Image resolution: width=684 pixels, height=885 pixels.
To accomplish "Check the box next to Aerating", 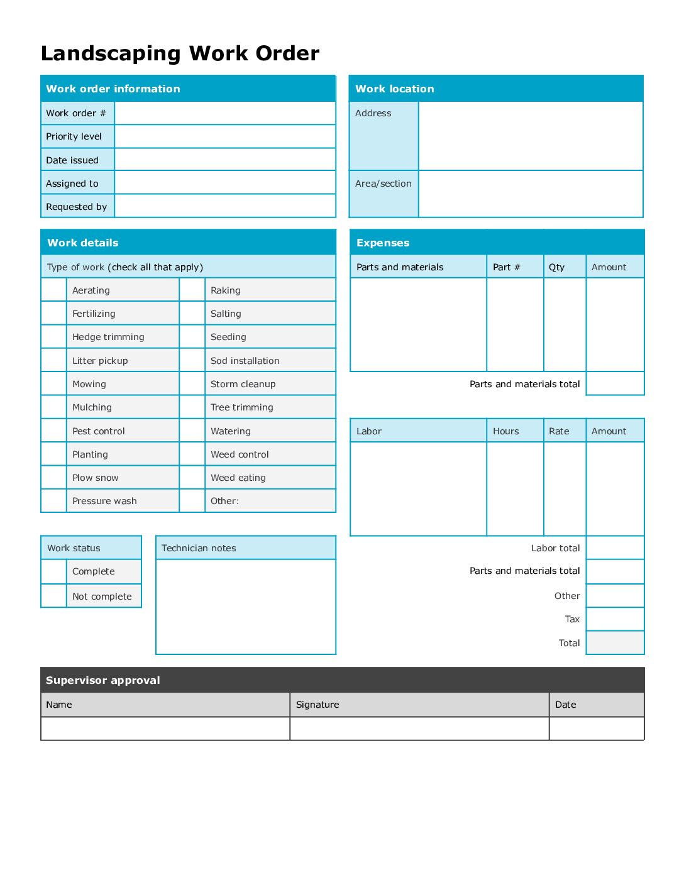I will pos(54,290).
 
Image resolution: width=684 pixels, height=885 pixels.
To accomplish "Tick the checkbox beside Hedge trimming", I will pos(54,337).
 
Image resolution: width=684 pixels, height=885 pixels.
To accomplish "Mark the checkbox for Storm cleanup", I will pos(192,383).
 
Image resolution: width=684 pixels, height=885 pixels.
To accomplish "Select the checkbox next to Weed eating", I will pos(192,478).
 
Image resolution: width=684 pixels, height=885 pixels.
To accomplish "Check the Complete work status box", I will pos(54,571).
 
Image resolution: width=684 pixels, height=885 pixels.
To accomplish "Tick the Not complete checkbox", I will pos(54,596).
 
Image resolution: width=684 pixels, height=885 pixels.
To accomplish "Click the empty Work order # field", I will pos(225,113).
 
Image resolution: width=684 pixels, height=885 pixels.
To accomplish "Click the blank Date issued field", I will pos(225,160).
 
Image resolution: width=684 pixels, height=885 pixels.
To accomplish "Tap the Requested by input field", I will pos(225,206).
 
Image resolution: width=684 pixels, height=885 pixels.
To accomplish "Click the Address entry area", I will pos(531,136).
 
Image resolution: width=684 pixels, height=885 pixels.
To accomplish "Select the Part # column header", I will pos(507,267).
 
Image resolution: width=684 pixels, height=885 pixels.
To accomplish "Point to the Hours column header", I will pos(506,431).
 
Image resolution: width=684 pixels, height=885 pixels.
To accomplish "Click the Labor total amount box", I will pos(615,547).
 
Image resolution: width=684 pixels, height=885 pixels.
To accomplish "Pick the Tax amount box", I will pos(615,619).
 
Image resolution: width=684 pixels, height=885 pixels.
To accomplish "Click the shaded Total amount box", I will pos(615,642).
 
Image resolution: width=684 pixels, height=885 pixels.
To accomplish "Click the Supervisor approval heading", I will pos(103,680).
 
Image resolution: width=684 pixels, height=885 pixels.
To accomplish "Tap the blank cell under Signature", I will pos(419,728).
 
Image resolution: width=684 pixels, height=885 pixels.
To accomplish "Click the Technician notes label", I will pos(199,548).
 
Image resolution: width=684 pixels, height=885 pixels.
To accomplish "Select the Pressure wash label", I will pos(104,501).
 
